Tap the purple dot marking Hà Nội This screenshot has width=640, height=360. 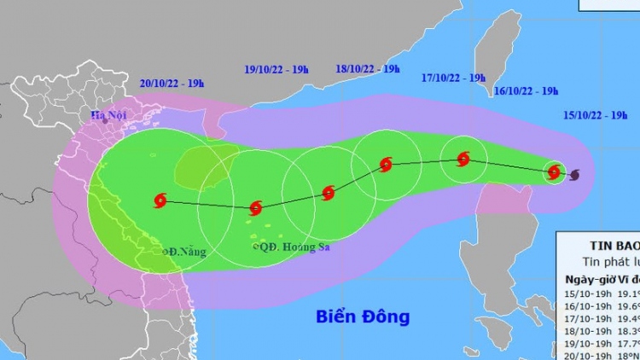pyautogui.click(x=106, y=121)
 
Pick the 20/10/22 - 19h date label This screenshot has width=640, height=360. pyautogui.click(x=172, y=83)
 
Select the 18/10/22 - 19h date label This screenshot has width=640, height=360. pyautogui.click(x=368, y=68)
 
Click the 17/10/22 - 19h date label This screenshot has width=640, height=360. pyautogui.click(x=453, y=78)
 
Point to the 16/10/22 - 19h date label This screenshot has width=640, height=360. pyautogui.click(x=526, y=90)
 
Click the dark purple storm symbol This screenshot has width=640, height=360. pyautogui.click(x=573, y=174)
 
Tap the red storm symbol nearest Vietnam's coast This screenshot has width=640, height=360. pyautogui.click(x=160, y=201)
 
